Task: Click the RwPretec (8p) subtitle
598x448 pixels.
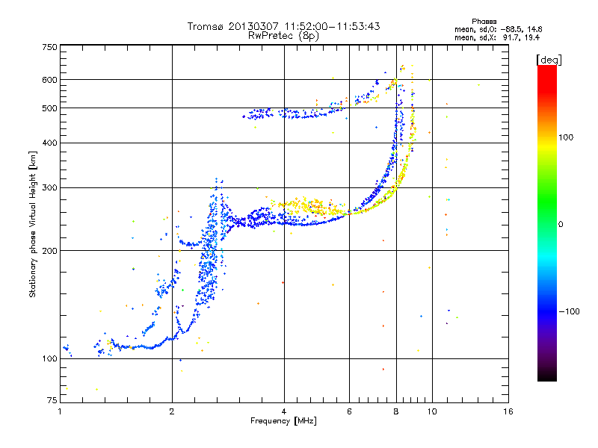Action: (283, 35)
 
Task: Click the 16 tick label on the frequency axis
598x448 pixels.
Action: (508, 411)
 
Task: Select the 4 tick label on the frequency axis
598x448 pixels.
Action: (284, 411)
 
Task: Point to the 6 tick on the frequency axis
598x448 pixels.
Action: (350, 411)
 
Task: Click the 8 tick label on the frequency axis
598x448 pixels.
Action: (396, 411)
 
